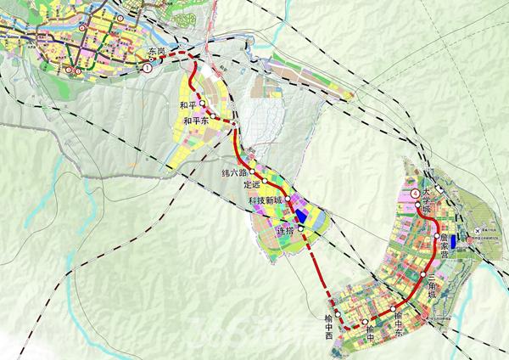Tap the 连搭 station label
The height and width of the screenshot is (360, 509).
point(286,231)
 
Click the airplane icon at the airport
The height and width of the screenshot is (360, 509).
point(484,230)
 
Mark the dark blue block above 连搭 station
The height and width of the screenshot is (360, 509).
point(299,209)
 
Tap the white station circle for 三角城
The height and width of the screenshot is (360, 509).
point(422,275)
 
